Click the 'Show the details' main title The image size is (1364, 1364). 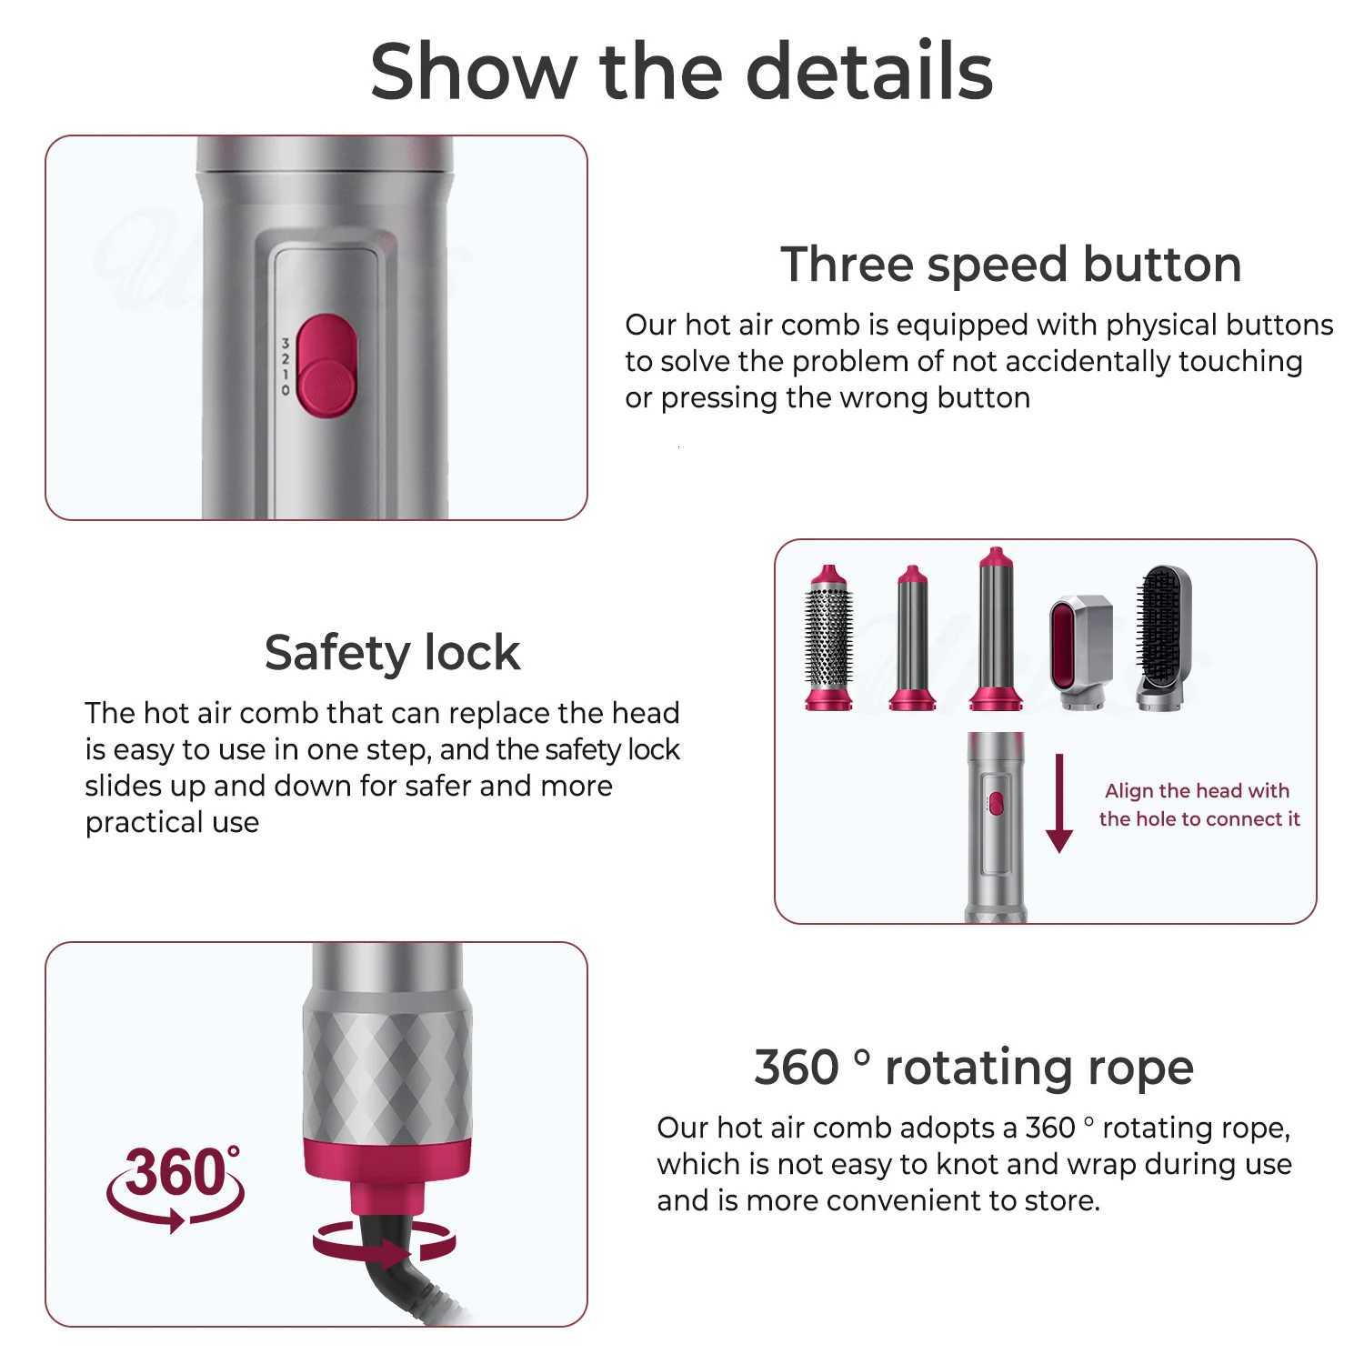click(681, 71)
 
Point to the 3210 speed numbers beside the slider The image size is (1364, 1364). click(285, 366)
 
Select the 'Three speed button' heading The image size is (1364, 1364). click(1011, 265)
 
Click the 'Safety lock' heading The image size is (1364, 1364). click(392, 652)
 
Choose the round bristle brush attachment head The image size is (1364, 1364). click(828, 637)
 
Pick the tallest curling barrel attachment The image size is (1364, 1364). click(996, 628)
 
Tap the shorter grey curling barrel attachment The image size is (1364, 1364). click(910, 637)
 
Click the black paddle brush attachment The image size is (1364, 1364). click(1167, 637)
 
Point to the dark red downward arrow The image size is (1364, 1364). click(1058, 801)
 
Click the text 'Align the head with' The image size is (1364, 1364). click(1197, 791)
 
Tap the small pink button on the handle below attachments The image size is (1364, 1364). click(996, 803)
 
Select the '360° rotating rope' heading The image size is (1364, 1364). click(974, 1067)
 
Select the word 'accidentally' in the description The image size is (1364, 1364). click(1062, 362)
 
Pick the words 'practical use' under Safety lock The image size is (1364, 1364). click(172, 823)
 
